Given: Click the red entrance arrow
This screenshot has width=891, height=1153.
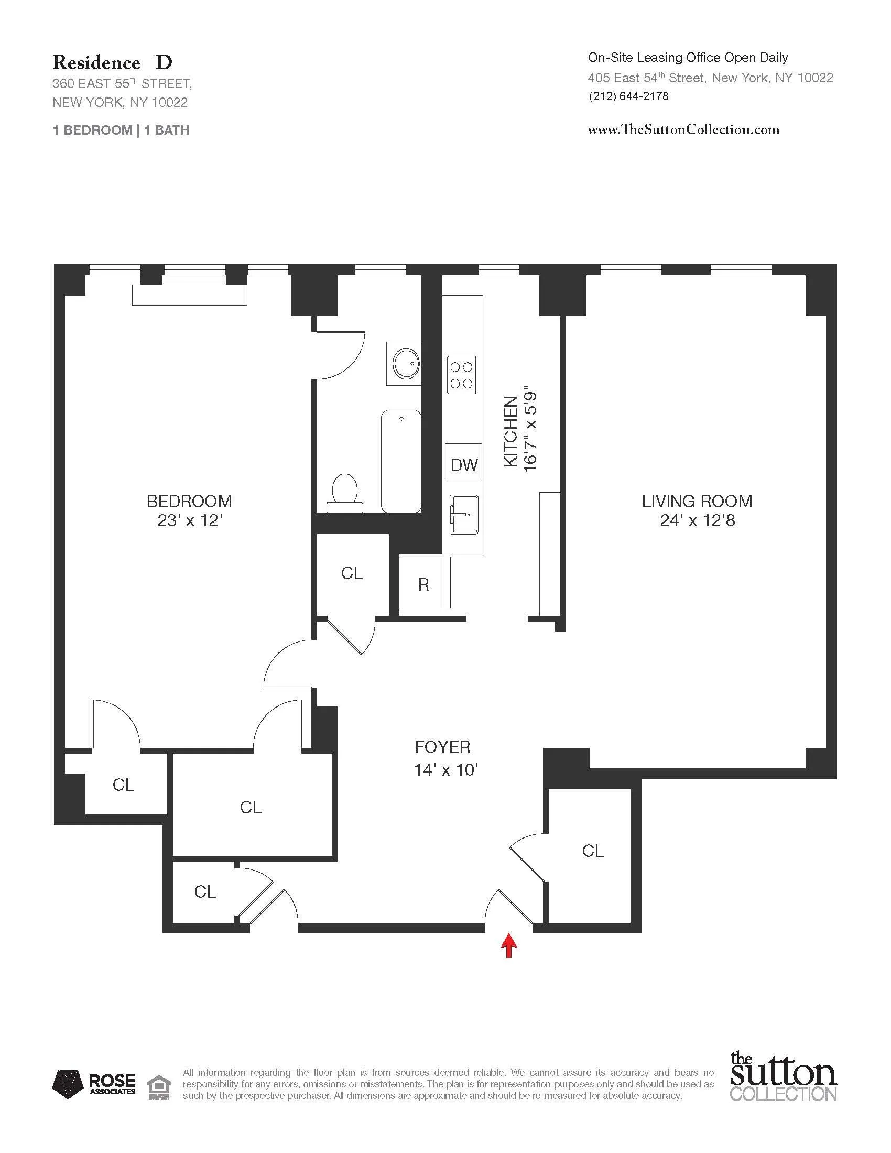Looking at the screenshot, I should click(508, 945).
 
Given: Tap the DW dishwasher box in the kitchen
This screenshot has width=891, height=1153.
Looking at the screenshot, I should click(463, 463).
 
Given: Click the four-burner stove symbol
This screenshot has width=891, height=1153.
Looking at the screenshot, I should click(461, 375).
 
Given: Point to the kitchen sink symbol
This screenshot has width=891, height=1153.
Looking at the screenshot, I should click(464, 515).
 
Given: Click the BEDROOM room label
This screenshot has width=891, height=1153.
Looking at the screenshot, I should click(189, 501).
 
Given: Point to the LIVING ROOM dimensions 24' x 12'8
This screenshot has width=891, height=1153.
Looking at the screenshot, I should click(697, 521).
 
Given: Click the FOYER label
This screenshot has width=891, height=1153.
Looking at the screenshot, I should click(442, 747).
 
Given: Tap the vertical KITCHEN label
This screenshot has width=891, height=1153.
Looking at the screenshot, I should click(510, 431).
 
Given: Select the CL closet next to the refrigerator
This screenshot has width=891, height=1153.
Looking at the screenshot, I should click(352, 573).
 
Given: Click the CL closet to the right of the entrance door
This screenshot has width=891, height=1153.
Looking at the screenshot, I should click(592, 851).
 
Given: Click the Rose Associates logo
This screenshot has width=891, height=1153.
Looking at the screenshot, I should click(94, 1084).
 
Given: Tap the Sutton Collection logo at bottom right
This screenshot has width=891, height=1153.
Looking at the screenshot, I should click(783, 1076).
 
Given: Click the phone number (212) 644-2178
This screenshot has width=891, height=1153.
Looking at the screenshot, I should click(628, 96).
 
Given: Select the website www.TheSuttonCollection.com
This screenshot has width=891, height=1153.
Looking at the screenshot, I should click(683, 130).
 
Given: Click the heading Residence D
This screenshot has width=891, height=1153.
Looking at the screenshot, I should click(113, 63).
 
